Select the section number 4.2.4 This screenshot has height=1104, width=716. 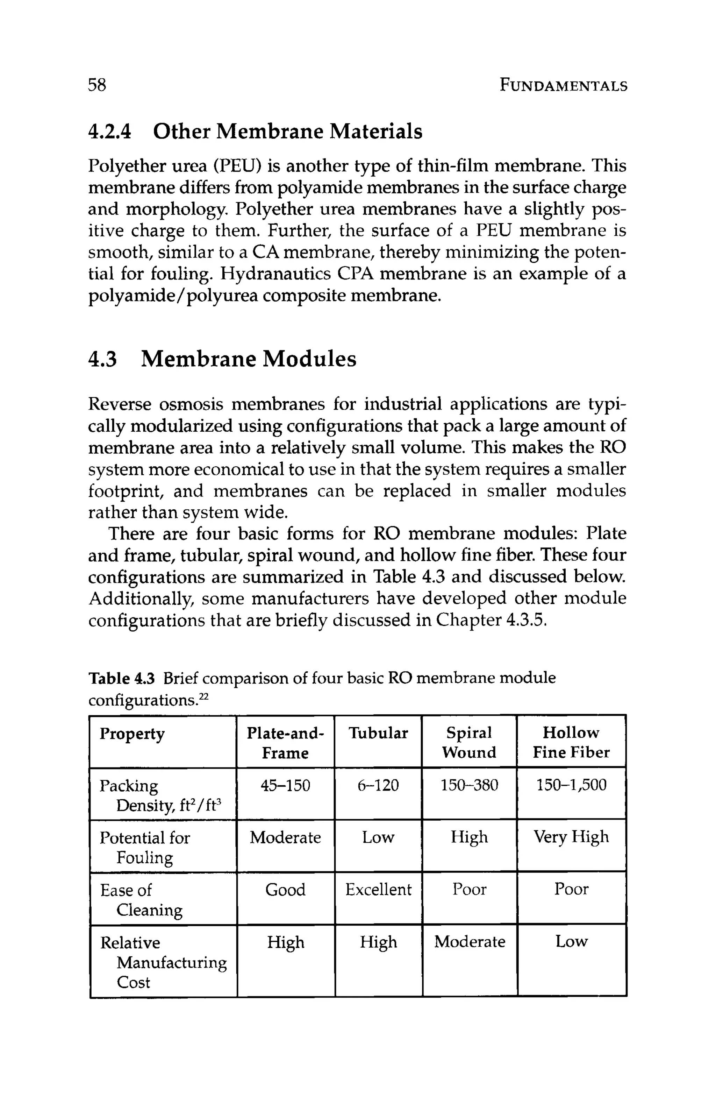pyautogui.click(x=110, y=132)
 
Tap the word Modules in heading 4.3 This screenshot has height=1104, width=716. pyautogui.click(x=309, y=360)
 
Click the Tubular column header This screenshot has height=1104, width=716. pyautogui.click(x=378, y=733)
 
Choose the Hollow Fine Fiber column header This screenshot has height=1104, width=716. pyautogui.click(x=571, y=743)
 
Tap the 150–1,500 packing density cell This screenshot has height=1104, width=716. pyautogui.click(x=571, y=785)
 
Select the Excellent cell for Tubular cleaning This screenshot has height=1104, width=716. pyautogui.click(x=378, y=890)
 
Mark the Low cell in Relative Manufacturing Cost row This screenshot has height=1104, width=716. pyautogui.click(x=571, y=942)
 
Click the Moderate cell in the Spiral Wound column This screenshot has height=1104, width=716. pyautogui.click(x=469, y=942)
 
